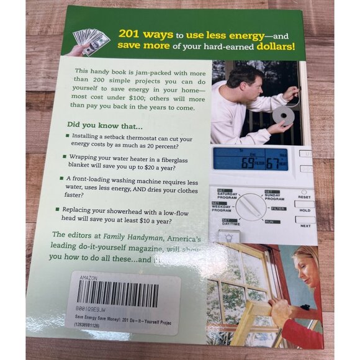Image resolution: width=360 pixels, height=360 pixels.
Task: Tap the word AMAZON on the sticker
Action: click(88, 278)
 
